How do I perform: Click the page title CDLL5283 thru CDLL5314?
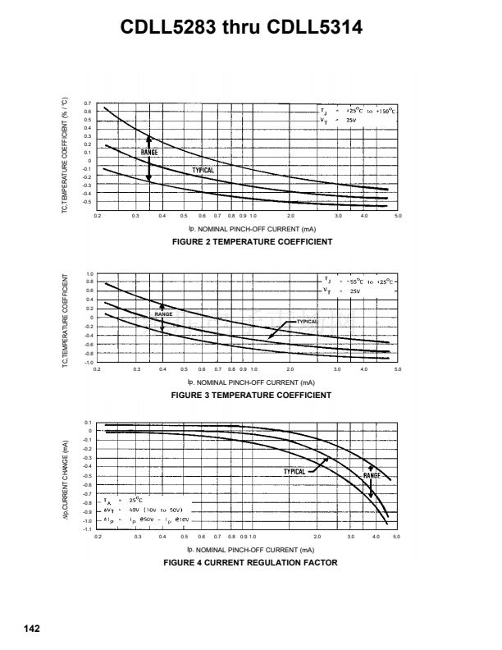[251, 30]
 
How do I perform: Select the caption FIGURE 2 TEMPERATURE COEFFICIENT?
[251, 242]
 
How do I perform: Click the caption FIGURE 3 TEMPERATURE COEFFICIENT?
[251, 395]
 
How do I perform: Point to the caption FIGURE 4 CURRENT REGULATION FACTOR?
[251, 562]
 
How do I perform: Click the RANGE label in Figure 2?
[149, 152]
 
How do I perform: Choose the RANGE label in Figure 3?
[163, 314]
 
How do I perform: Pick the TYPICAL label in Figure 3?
[307, 322]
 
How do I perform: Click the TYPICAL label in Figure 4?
[294, 471]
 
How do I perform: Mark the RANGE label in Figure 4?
[372, 476]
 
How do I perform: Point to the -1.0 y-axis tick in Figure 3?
[89, 362]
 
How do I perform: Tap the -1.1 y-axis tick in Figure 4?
[88, 529]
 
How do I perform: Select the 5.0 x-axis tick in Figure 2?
[397, 216]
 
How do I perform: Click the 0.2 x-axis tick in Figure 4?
[98, 536]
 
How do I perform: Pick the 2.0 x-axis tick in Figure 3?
[290, 369]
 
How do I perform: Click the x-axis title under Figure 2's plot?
[251, 229]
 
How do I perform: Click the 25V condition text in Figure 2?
[351, 121]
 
